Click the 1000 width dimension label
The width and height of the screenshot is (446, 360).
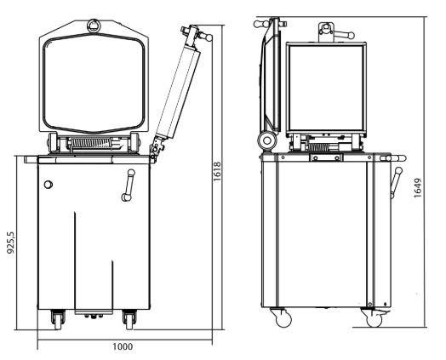click(123, 346)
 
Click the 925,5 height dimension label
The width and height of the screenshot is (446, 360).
click(10, 243)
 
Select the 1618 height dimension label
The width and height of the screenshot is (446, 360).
click(217, 171)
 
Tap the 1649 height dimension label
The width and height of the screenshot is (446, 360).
click(418, 188)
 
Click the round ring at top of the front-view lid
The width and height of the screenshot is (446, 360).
click(94, 26)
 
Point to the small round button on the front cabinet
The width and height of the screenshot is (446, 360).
click(49, 185)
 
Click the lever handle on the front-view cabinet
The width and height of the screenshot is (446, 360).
click(129, 186)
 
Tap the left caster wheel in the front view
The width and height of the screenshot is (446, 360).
click(58, 320)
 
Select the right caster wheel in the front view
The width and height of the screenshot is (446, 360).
click(129, 320)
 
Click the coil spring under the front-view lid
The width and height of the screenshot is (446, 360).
click(90, 143)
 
